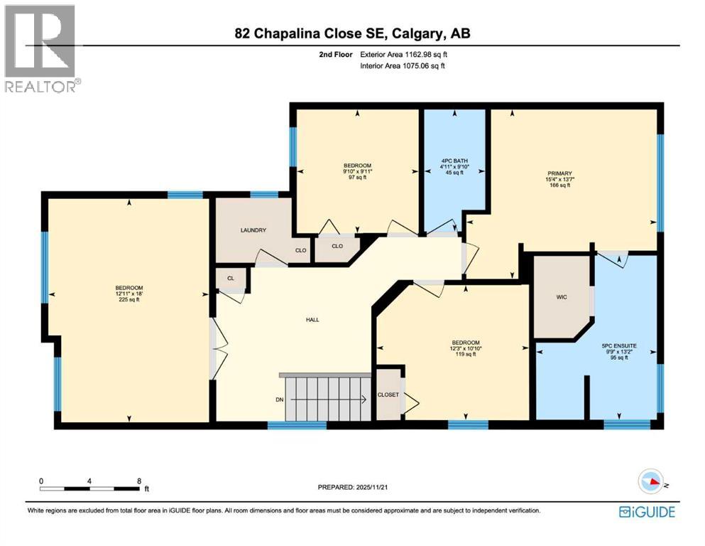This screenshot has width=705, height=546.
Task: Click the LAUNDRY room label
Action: tap(253, 230)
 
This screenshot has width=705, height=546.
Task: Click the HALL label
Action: tap(312, 320)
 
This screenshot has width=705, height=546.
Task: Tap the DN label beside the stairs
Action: tap(280, 400)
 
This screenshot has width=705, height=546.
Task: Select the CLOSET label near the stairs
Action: tap(388, 395)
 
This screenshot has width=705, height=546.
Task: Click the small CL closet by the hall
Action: tap(231, 279)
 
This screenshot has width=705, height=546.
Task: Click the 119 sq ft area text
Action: tap(465, 354)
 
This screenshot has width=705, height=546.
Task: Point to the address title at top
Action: tap(353, 33)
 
